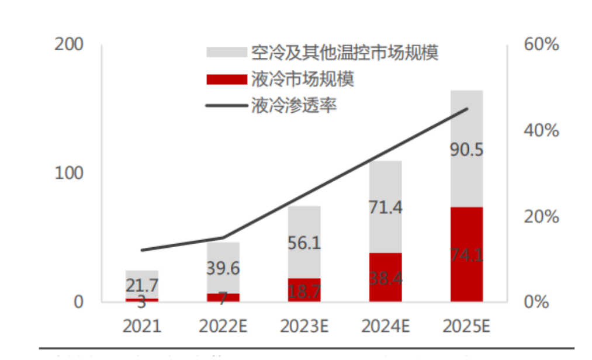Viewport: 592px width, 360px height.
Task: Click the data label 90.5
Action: coord(466,150)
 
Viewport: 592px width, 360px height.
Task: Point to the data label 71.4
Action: coord(385,207)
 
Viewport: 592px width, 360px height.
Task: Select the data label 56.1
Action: coord(304,243)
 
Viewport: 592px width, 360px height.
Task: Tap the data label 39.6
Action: coord(223,269)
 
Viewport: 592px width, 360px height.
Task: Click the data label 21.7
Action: coord(141,286)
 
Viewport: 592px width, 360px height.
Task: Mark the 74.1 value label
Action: coord(466,255)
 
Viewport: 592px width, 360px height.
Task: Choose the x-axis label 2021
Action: coord(141,326)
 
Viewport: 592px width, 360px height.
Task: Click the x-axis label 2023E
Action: coord(304,326)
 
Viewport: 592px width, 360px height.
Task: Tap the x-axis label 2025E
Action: coord(466,326)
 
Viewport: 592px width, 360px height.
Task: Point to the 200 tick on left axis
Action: coord(69,44)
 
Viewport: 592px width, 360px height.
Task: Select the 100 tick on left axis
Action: coord(69,174)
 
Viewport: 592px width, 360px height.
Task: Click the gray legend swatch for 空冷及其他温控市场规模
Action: coord(226,53)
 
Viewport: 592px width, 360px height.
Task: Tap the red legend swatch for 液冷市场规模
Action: coord(226,79)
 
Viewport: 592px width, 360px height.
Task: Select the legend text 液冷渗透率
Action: coord(293,106)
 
